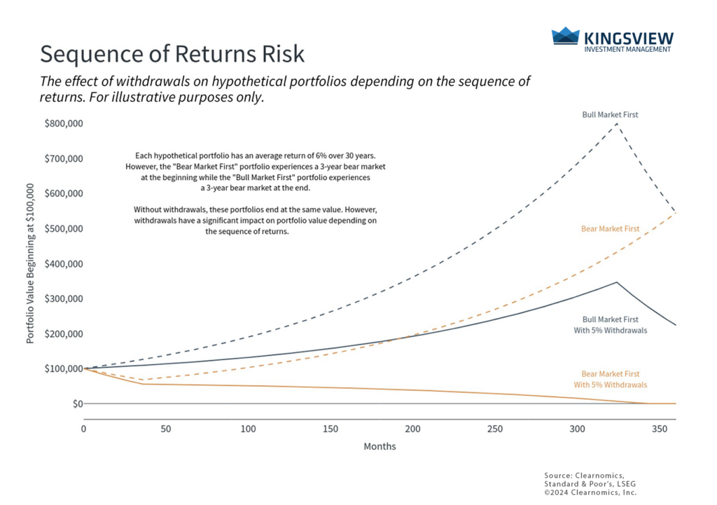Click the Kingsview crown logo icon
[566, 36]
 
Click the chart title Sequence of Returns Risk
[172, 55]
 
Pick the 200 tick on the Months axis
[412, 429]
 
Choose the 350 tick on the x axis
[660, 429]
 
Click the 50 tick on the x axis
[166, 429]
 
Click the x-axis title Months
[380, 446]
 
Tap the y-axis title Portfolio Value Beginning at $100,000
[30, 263]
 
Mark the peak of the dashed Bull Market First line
[617, 124]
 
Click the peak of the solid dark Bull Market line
[616, 282]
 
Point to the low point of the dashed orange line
[143, 380]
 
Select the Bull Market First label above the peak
[610, 113]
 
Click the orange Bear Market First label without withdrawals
[609, 229]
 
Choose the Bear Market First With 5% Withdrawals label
[610, 380]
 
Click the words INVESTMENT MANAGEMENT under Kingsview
[627, 49]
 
